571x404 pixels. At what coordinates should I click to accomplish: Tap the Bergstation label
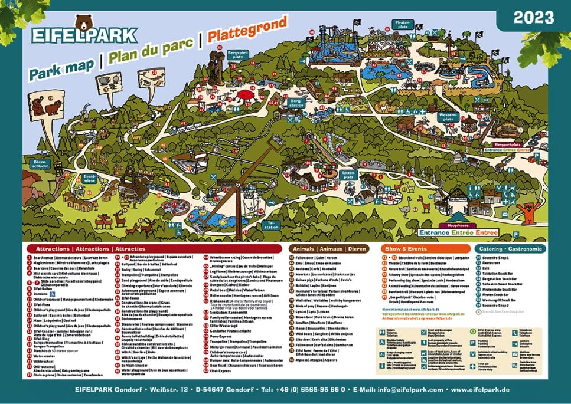click(296, 104)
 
